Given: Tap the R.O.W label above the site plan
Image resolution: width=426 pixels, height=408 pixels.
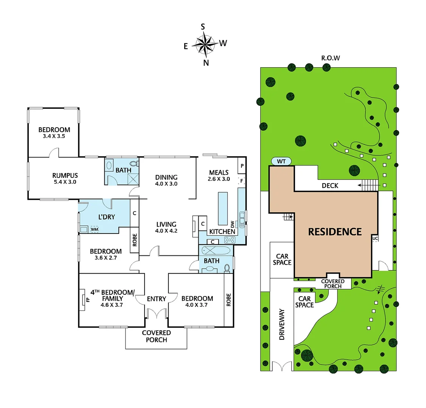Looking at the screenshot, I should (330, 58).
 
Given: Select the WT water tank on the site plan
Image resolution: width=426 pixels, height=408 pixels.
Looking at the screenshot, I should (281, 161).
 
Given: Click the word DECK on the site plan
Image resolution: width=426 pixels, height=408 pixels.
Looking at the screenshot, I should (330, 185).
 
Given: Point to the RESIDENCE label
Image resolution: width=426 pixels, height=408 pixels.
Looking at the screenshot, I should (335, 232).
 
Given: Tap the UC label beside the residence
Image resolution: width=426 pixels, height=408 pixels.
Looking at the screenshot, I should (375, 238).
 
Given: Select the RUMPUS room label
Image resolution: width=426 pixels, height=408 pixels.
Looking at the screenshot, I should (65, 175).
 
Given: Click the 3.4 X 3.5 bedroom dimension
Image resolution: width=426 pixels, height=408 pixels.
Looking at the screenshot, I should (54, 136).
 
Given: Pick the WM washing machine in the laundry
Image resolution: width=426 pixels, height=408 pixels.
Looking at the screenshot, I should (94, 229).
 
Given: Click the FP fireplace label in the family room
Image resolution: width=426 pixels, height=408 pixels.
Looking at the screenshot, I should (88, 300).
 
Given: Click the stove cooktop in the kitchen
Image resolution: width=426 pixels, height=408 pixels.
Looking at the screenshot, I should (230, 240).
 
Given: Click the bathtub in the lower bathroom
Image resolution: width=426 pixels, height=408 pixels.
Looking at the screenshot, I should (215, 250).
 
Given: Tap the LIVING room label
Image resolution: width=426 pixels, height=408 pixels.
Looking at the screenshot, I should (166, 224).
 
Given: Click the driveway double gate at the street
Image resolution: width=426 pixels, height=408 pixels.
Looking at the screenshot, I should (282, 366).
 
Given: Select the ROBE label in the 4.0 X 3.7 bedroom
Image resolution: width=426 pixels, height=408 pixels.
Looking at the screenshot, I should (229, 300).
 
